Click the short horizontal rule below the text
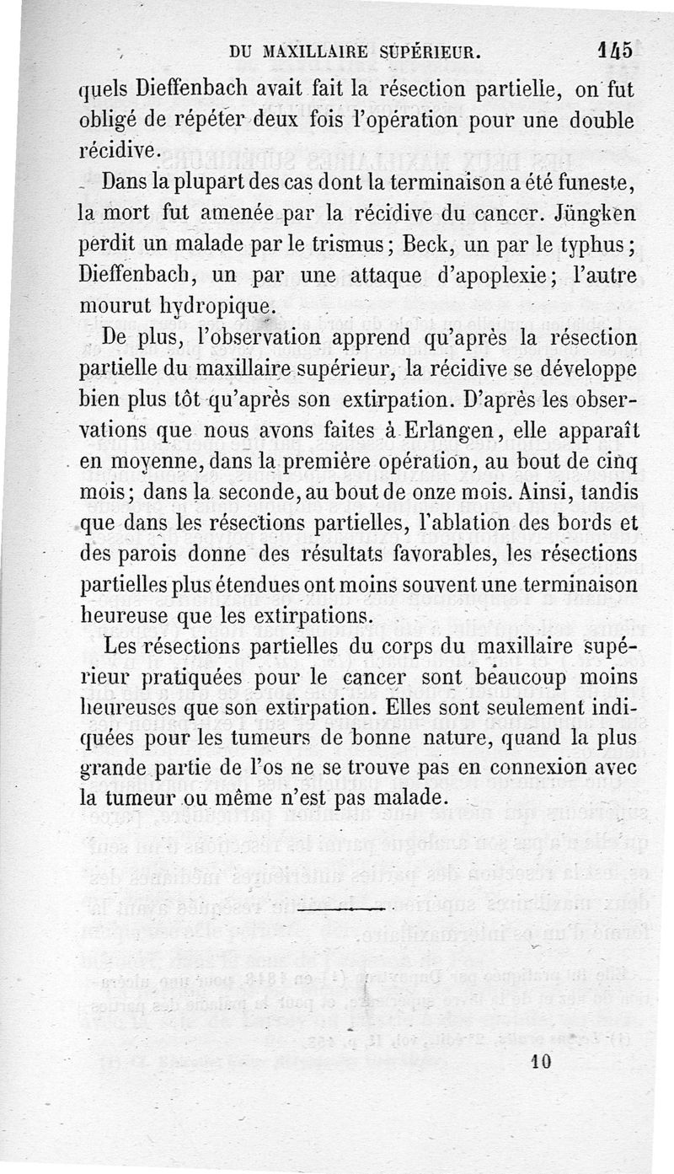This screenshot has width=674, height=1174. [341, 910]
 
